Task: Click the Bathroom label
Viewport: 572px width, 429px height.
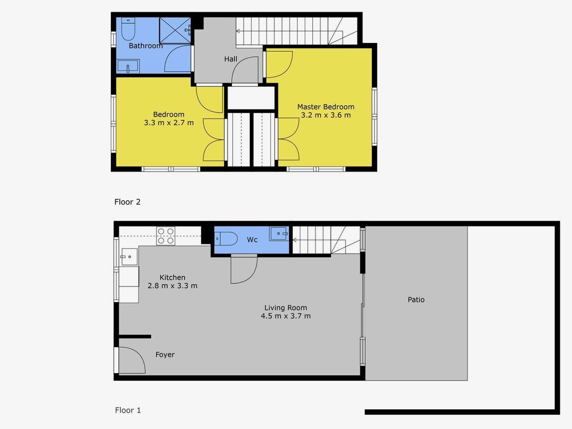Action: click(x=146, y=46)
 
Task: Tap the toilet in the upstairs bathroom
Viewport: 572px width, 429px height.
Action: click(x=128, y=29)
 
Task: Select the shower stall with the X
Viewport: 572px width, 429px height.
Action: click(x=175, y=30)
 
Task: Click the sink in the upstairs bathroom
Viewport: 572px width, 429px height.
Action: click(x=128, y=66)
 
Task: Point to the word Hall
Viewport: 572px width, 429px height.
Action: click(x=231, y=59)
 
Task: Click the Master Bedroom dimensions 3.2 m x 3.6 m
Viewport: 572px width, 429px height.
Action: click(x=326, y=115)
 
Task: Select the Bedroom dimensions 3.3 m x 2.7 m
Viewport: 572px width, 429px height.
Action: click(x=169, y=123)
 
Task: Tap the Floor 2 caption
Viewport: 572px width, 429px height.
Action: click(x=127, y=202)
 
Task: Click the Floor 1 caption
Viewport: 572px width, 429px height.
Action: click(x=128, y=410)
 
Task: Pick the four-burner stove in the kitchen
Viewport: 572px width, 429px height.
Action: click(x=166, y=236)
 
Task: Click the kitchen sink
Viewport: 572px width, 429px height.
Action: click(x=129, y=257)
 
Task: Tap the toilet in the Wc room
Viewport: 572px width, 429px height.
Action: click(x=226, y=239)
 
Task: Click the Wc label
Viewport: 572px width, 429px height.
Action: click(x=252, y=240)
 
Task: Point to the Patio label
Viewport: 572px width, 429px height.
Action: click(x=416, y=300)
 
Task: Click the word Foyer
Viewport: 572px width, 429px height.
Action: click(x=165, y=355)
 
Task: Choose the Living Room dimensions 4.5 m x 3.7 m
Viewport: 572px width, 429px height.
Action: click(x=286, y=316)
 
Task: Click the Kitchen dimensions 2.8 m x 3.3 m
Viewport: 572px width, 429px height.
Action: click(x=173, y=286)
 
